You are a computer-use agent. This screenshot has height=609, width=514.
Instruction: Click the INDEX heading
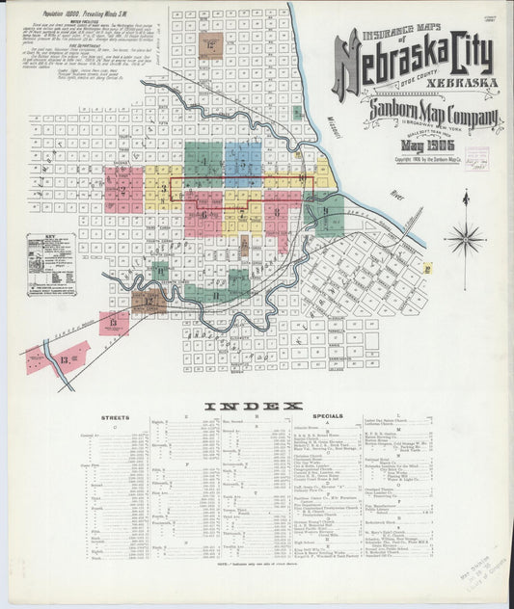click(x=253, y=406)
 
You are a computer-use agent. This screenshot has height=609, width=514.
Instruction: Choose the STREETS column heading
click(x=115, y=417)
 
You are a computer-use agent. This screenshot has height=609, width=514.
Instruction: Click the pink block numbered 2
click(x=124, y=187)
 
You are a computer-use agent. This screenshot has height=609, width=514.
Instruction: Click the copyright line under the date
click(x=433, y=158)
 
